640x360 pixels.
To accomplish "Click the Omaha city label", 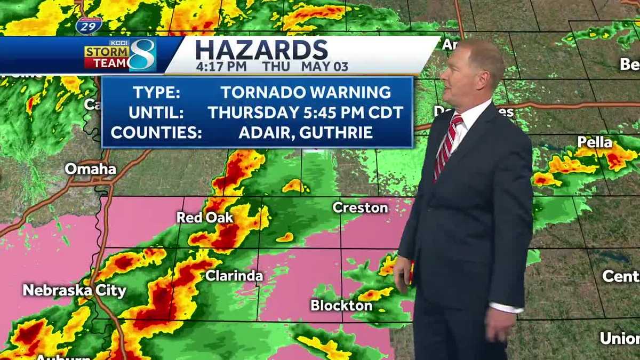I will pos(90,169).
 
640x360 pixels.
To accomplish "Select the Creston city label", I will pos(360,207).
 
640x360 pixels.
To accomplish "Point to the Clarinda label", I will pos(234,276).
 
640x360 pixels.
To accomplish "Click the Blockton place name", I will pos(341,306).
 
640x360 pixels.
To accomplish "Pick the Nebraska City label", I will pos(74,291).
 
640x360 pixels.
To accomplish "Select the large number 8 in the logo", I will pos(142,54).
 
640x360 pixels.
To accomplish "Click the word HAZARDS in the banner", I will pos(261,50).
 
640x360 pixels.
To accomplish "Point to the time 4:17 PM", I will pos(221,67).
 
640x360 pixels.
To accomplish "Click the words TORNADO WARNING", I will pos(306,92).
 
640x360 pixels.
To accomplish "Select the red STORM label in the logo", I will pos(107,51).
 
